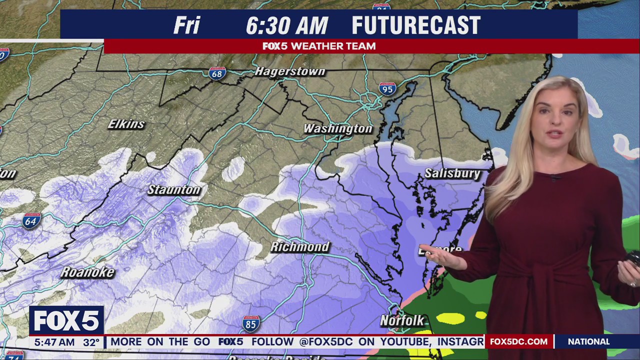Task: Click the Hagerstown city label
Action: (x=290, y=71)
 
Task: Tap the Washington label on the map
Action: (x=338, y=128)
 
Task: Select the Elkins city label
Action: (x=126, y=124)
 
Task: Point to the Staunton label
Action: (x=174, y=189)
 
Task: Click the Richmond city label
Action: (x=300, y=246)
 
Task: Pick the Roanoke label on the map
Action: (x=87, y=272)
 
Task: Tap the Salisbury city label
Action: (x=452, y=173)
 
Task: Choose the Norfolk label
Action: (x=402, y=320)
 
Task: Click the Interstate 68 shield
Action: (x=217, y=73)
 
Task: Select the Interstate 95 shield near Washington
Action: (x=387, y=89)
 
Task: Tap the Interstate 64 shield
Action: (x=31, y=221)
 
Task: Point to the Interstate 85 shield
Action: (x=250, y=324)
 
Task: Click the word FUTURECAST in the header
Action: (x=416, y=25)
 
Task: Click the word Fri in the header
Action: (x=186, y=25)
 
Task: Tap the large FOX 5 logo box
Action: (x=66, y=320)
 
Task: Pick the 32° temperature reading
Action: (x=91, y=342)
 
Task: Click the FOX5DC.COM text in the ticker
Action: (x=518, y=342)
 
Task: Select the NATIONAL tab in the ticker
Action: (x=588, y=342)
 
